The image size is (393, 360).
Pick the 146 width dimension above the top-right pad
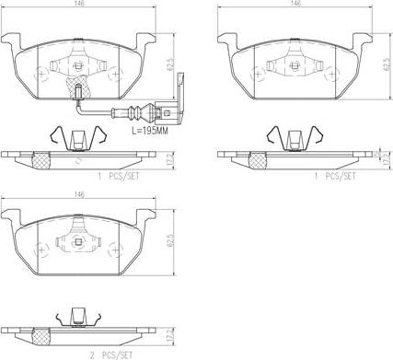295,6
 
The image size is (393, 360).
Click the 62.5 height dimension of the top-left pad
172,66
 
